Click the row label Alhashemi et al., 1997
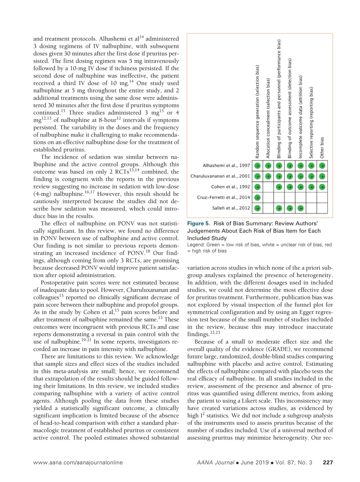coord(226,165)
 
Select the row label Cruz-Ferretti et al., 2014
coord(223,197)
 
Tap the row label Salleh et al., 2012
coord(231,208)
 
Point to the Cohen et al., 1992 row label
coord(230,187)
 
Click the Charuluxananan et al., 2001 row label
coord(220,176)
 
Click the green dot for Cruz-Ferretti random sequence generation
coord(257,197)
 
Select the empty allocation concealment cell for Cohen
coord(268,187)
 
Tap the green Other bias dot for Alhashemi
coord(322,166)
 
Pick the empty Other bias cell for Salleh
coord(322,208)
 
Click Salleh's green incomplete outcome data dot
coord(301,208)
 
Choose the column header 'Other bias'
coord(322,148)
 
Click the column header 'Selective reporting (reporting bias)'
coord(311,122)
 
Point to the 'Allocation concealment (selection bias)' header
coord(268,118)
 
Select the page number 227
coord(328,462)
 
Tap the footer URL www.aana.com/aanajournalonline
coord(78,462)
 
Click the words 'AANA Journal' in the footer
coord(215,462)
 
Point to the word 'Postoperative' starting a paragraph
coord(57,283)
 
